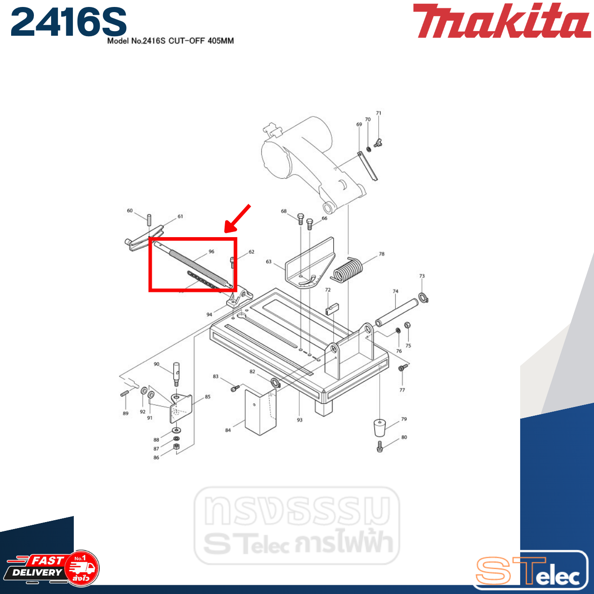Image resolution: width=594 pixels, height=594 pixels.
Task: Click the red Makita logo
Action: tap(501, 21)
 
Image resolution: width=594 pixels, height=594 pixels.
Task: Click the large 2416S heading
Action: tap(69, 22)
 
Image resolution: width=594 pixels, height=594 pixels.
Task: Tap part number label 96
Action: tap(211, 252)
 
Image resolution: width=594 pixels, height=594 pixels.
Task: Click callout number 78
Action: tap(381, 254)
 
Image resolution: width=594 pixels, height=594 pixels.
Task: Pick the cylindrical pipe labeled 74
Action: tap(397, 313)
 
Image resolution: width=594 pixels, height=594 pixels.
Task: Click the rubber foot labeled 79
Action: tap(380, 427)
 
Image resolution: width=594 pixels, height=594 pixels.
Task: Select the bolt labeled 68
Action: tap(300, 219)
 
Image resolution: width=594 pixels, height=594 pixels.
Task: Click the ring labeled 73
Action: tap(423, 297)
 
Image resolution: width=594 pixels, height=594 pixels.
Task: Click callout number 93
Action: tap(299, 420)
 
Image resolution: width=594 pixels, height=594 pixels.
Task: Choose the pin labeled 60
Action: tap(149, 219)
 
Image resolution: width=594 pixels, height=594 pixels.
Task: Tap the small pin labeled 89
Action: tap(124, 394)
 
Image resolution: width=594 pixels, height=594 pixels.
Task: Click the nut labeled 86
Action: tap(176, 446)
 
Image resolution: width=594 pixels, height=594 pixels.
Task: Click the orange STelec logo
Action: tap(529, 571)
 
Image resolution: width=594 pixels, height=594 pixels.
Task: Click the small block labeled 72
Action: tap(332, 309)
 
